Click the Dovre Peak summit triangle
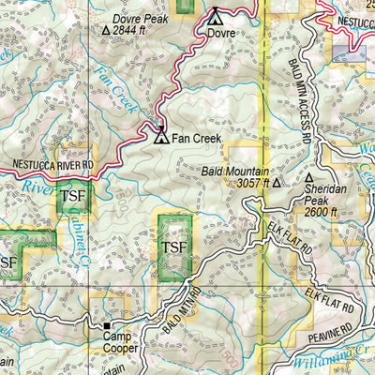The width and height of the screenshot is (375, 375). click(105, 30)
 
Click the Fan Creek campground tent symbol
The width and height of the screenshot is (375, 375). click(161, 137)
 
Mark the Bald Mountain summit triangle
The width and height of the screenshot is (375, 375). click(277, 184)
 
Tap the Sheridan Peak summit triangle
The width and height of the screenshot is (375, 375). click(309, 177)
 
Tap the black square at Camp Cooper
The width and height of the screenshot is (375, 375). click(106, 329)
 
